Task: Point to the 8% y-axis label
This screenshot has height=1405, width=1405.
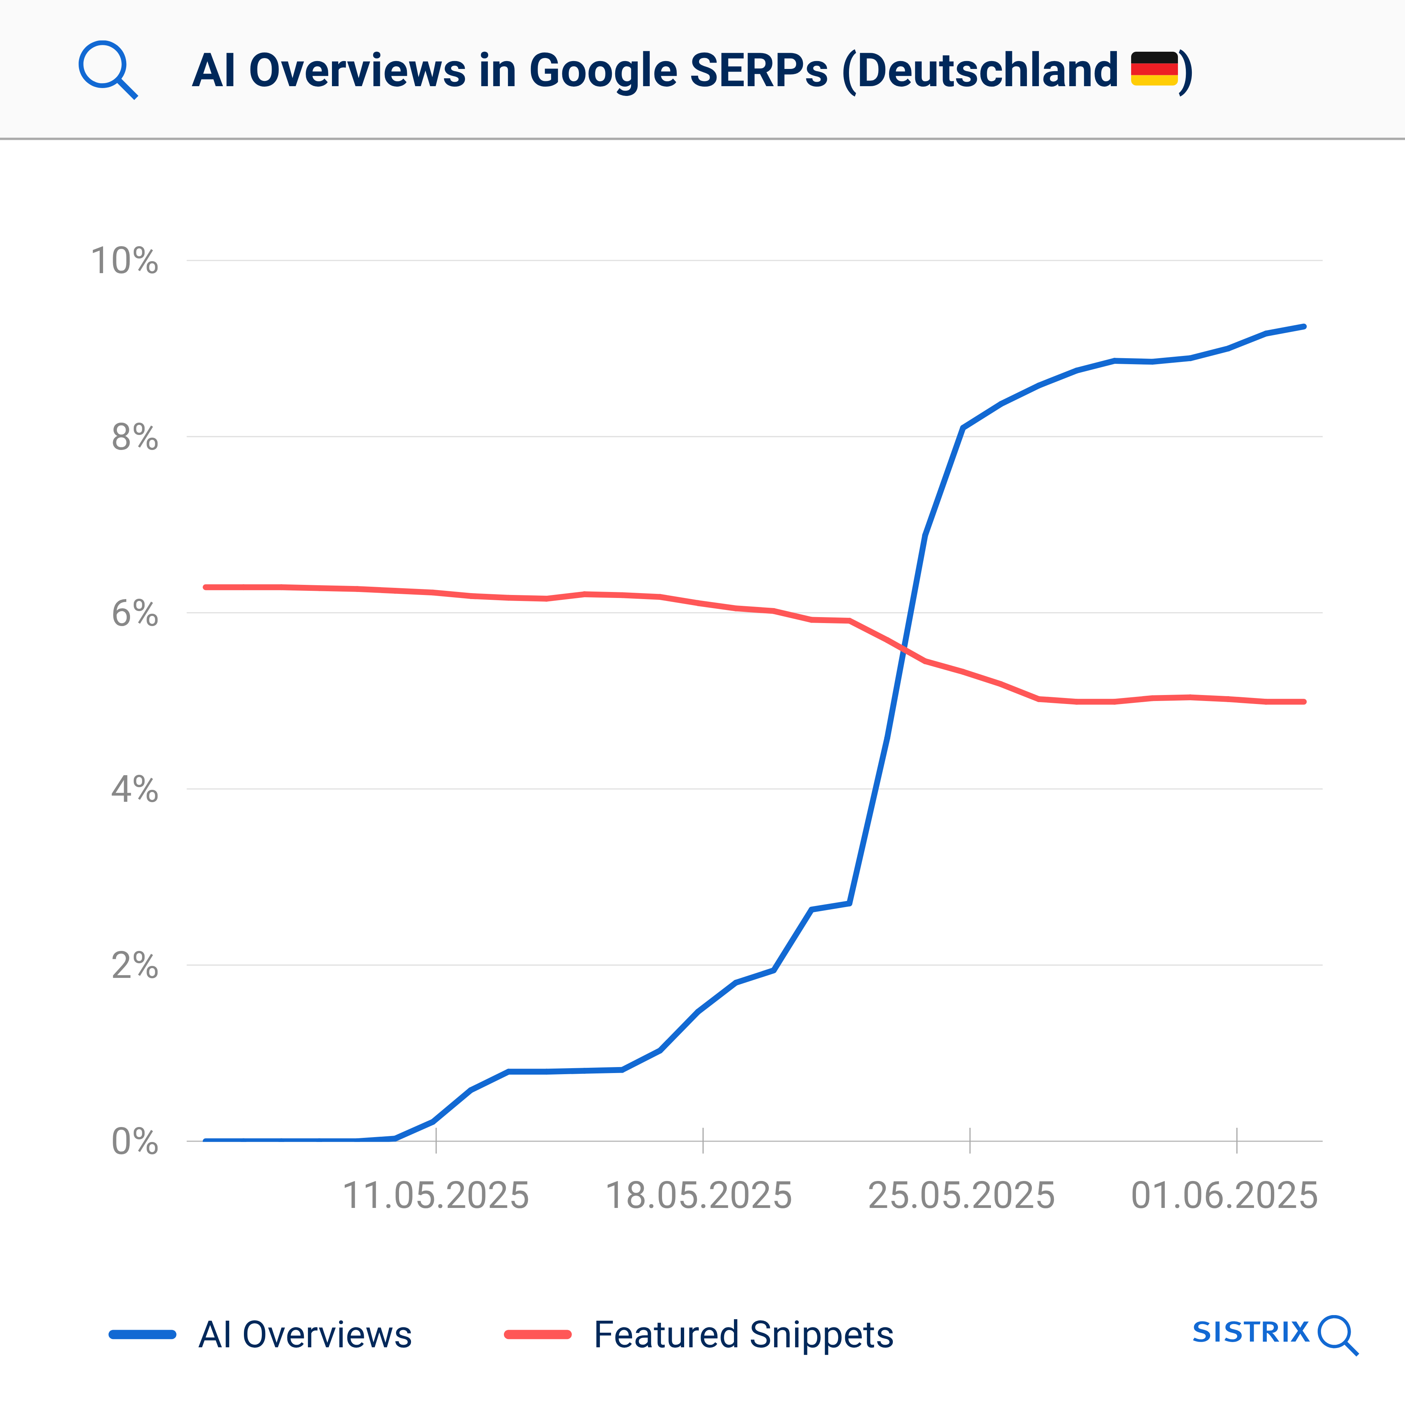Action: (135, 437)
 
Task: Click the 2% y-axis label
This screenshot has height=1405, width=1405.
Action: (135, 966)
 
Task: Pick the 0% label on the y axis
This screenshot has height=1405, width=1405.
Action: (135, 1142)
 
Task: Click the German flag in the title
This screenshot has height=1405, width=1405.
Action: (1154, 69)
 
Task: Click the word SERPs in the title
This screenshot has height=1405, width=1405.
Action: (758, 70)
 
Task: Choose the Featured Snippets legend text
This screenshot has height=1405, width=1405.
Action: (743, 1335)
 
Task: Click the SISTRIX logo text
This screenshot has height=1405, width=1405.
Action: (1251, 1332)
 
